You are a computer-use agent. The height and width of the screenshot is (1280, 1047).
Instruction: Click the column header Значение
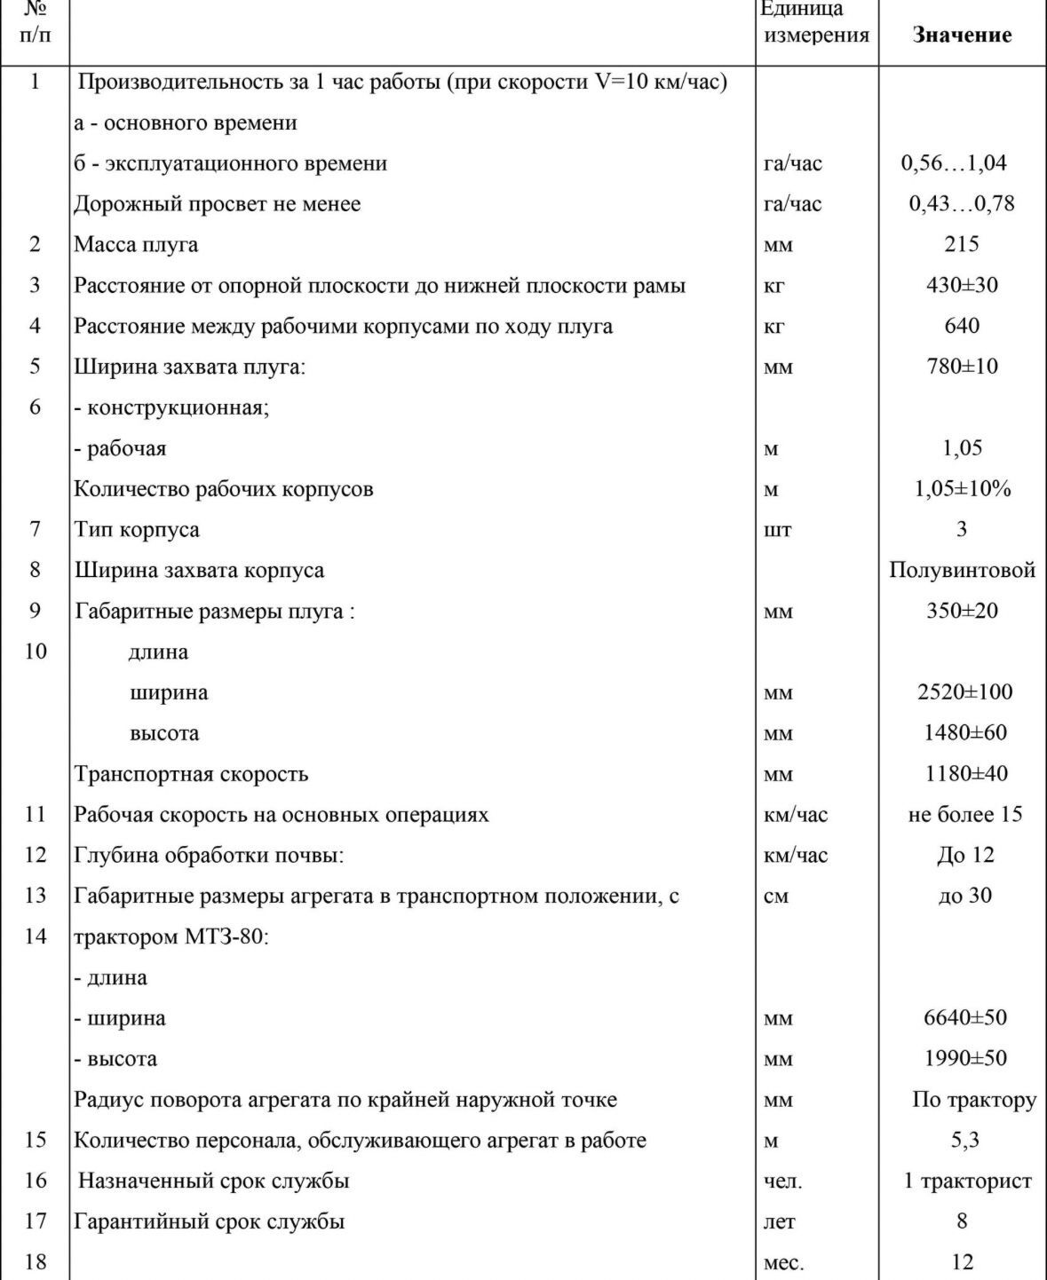coord(962,36)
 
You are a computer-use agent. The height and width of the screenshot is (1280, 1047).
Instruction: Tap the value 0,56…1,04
coord(954,163)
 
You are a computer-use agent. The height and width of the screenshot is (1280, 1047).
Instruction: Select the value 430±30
coord(962,285)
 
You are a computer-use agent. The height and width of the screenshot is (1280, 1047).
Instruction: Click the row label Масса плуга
coord(136,244)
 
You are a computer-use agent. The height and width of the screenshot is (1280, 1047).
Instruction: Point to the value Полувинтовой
coord(962,570)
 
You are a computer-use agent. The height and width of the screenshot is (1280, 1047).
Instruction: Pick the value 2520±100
coord(964,691)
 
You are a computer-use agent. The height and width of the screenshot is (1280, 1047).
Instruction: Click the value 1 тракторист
coord(967,1181)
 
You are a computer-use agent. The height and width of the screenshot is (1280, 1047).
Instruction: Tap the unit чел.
coord(782,1181)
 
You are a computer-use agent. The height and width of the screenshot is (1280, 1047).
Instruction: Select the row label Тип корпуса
coord(137,530)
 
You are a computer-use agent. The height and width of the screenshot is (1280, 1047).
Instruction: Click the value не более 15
coord(964,814)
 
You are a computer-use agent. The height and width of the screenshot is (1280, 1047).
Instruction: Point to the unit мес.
coord(783,1262)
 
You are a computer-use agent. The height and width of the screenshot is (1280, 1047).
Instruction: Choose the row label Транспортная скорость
coord(191,774)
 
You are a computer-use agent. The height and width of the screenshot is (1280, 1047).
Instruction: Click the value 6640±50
coord(965,1017)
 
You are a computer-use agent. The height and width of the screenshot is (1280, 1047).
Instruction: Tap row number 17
coord(35,1221)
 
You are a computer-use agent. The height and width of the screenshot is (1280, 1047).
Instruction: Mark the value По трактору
coord(974,1100)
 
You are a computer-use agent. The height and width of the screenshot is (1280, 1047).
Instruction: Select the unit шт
coord(777,530)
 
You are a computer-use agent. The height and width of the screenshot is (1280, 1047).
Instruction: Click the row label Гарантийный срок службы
coord(209,1221)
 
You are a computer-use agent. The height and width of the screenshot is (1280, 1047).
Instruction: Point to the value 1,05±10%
coord(963,489)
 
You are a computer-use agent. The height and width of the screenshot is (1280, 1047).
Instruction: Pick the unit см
coord(775,896)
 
